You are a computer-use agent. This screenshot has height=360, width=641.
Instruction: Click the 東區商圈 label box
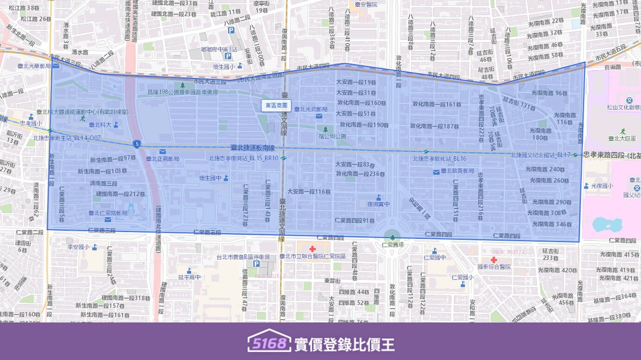pyautogui.click(x=276, y=106)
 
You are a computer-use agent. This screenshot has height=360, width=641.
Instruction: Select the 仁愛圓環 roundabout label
pyautogui.click(x=392, y=244)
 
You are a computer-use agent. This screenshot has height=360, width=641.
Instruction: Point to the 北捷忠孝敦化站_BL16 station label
pyautogui.click(x=439, y=158)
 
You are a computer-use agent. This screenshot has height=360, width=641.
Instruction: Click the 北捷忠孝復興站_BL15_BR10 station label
pyautogui.click(x=243, y=158)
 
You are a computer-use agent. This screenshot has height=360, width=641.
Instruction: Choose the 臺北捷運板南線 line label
pyautogui.click(x=253, y=148)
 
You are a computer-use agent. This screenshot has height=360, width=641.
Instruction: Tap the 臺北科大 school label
pyautogui.click(x=100, y=124)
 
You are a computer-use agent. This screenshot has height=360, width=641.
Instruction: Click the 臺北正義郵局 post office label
pyautogui.click(x=163, y=158)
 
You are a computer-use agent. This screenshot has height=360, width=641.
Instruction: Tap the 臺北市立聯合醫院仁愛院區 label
pyautogui.click(x=312, y=256)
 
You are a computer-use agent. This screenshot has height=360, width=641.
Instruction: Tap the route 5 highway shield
pyautogui.click(x=136, y=144)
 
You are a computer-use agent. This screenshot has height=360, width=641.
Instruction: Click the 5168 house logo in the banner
pyautogui.click(x=269, y=341)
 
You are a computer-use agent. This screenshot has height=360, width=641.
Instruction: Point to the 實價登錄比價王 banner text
pyautogui.click(x=344, y=344)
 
